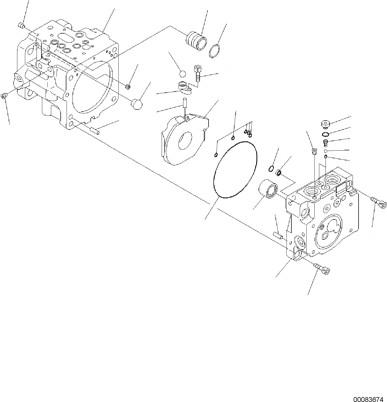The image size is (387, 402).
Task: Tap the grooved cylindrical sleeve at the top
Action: [196, 41]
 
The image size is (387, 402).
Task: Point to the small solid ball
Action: [183, 74]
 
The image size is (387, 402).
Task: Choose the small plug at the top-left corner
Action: [21, 26]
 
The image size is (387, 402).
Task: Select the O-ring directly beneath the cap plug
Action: [326, 134]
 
